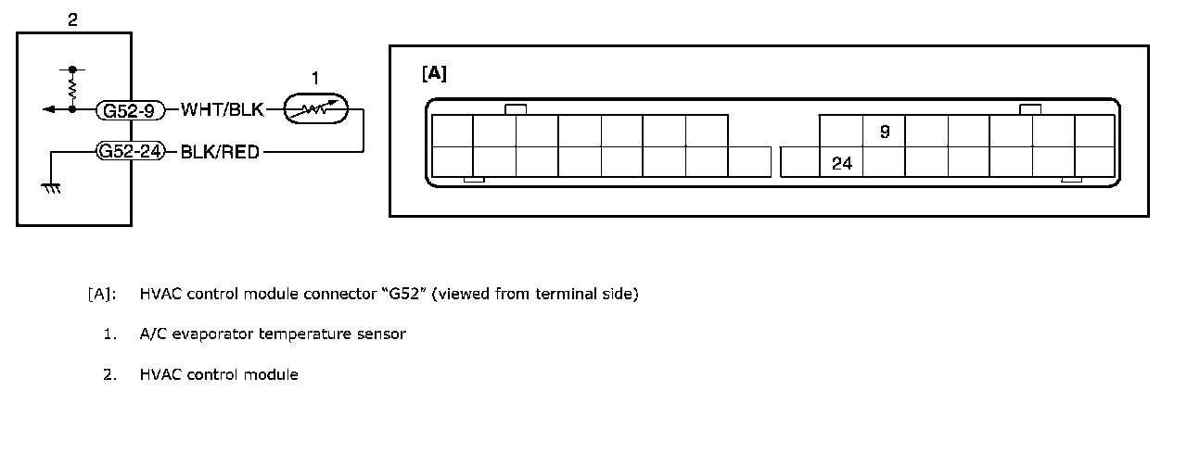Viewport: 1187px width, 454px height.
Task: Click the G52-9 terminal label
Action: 130,110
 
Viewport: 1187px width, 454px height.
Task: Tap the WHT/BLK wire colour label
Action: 223,110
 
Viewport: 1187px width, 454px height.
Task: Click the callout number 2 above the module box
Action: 73,19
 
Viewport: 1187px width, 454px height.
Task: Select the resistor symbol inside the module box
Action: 72,88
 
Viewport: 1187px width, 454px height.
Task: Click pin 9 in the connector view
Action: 885,132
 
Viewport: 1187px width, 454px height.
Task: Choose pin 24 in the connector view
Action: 842,164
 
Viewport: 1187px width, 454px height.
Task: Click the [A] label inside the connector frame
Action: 434,74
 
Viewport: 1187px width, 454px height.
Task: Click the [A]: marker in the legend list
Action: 102,295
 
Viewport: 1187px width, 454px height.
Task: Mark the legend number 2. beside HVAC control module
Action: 110,374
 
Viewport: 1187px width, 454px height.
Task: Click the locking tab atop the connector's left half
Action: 516,109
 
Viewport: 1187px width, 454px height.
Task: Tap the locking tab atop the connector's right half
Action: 1029,109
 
